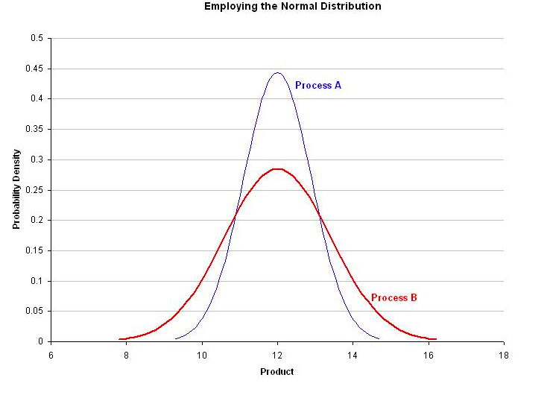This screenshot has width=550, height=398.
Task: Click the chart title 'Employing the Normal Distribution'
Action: click(292, 7)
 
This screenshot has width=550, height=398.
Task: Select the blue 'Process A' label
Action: click(318, 86)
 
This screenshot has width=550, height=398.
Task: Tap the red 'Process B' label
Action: click(393, 298)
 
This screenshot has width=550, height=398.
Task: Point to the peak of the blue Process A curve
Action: click(277, 73)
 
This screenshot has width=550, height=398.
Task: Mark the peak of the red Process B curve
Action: click(277, 169)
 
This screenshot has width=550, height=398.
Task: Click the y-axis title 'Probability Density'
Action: click(16, 189)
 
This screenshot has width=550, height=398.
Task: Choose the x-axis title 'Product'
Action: click(277, 372)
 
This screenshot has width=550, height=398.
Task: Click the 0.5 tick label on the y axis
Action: click(37, 38)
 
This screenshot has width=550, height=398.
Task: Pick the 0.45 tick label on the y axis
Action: click(34, 69)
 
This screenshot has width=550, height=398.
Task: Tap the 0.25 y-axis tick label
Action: click(34, 190)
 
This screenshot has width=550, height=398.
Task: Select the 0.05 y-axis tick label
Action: click(34, 312)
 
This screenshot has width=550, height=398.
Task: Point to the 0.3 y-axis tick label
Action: click(37, 159)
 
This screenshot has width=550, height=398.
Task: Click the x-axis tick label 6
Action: click(51, 355)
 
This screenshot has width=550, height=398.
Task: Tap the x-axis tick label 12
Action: click(277, 355)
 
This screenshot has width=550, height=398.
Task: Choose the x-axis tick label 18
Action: click(504, 355)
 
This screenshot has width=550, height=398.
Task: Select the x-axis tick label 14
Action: click(353, 355)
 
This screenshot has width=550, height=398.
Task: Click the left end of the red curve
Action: click(120, 339)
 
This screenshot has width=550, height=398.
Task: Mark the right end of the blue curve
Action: click(379, 339)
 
